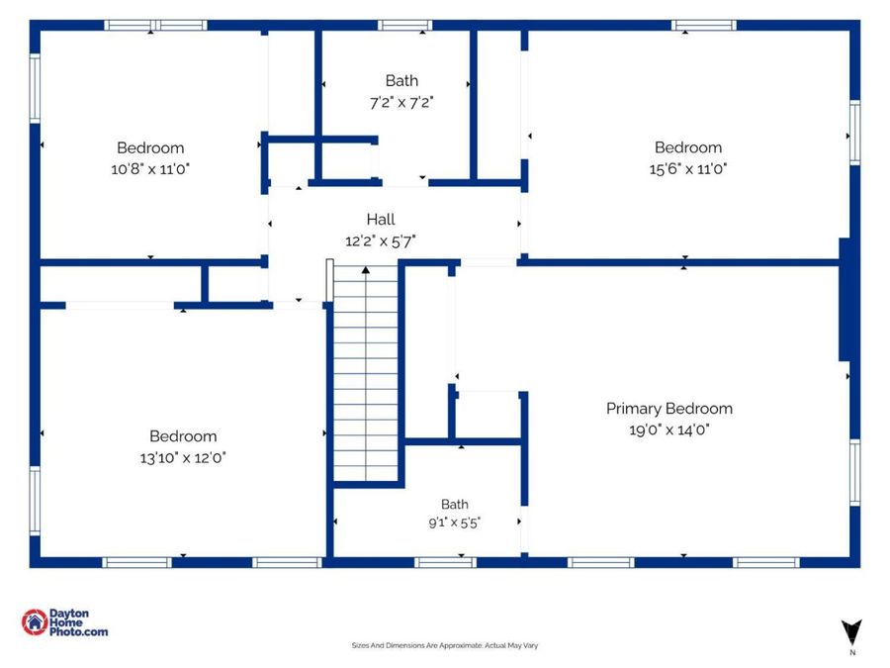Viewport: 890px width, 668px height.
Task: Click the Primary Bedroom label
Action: click(x=669, y=409)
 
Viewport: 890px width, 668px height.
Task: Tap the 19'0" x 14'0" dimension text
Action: click(x=669, y=429)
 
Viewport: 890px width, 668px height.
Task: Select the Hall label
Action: click(x=381, y=220)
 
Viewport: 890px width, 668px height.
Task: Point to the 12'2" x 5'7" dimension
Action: click(x=381, y=240)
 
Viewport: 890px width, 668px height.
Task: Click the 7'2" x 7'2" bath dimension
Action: click(x=401, y=102)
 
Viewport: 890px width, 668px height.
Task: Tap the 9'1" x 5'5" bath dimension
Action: click(x=455, y=523)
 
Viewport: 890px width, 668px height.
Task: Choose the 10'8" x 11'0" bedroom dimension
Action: click(x=150, y=168)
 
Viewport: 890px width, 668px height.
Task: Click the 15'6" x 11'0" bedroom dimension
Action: click(x=688, y=168)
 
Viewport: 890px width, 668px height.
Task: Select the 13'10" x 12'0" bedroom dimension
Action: click(x=183, y=457)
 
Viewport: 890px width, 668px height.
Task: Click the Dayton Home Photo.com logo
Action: click(x=64, y=622)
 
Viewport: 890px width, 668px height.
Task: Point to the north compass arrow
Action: click(x=851, y=632)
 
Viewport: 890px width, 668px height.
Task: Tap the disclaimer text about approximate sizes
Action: click(x=445, y=645)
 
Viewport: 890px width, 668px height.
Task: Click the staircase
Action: click(x=367, y=375)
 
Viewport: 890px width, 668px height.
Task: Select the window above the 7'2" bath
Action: click(x=404, y=25)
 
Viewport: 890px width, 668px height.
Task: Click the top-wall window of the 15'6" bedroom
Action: click(x=704, y=25)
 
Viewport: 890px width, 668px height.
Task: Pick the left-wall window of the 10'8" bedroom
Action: click(x=35, y=88)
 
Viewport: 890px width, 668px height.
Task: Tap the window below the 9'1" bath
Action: click(x=446, y=562)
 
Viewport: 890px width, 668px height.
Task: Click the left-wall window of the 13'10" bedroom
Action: click(x=35, y=501)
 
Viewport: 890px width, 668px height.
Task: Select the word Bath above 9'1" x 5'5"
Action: click(x=455, y=505)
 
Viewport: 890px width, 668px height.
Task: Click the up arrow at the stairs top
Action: click(x=366, y=270)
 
